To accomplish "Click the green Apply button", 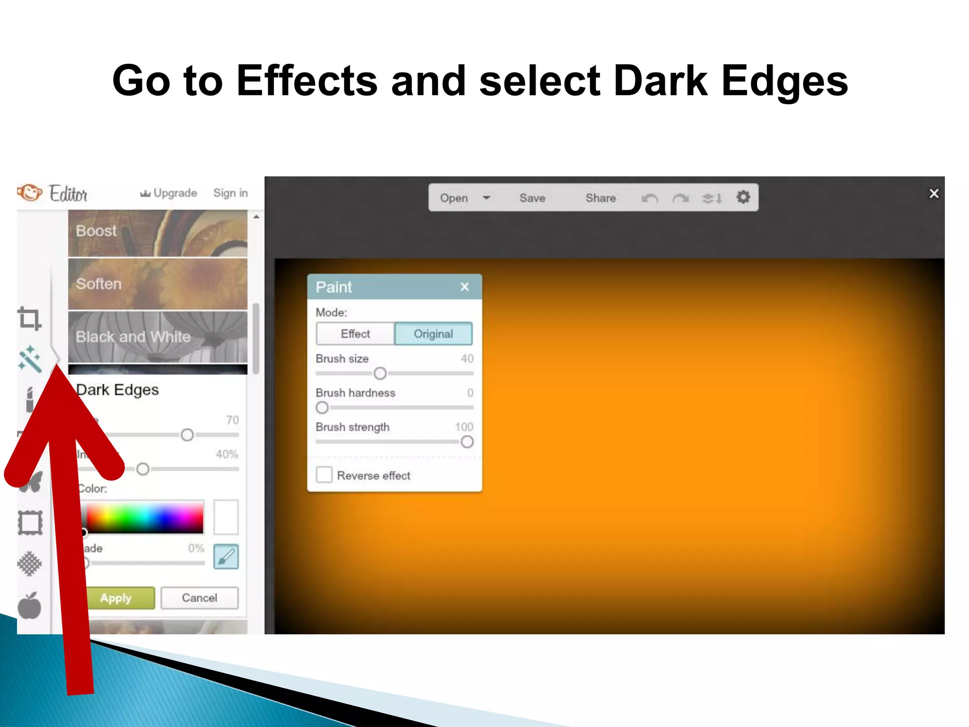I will (121, 598).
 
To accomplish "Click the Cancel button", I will (199, 598).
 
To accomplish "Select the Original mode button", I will (433, 334).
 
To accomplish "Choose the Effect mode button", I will (355, 334).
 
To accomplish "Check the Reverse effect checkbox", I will (324, 475).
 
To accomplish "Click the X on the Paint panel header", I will (465, 287).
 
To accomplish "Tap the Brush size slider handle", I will (380, 373).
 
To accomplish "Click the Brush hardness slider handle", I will (322, 408).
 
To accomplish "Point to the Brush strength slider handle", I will (467, 442).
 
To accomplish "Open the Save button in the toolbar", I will (532, 198).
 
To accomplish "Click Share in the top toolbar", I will (600, 198).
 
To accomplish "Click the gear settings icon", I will (743, 197).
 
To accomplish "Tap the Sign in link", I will (230, 193).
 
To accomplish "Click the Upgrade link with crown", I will (168, 193).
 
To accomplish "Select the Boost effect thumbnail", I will (158, 233).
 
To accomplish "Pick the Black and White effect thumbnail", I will (158, 337).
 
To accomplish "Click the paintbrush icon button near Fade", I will (226, 557).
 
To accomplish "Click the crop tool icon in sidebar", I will (29, 318).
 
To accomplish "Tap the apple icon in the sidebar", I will (29, 605).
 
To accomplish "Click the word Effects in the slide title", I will (307, 81).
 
